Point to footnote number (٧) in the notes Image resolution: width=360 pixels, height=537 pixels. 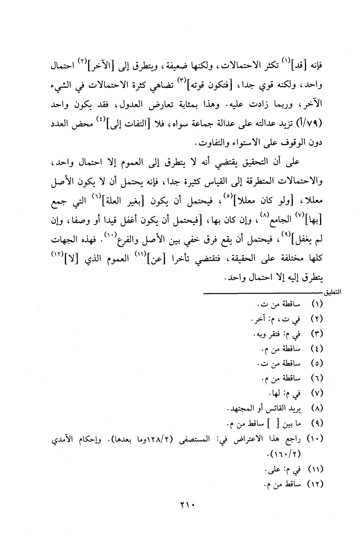tap(317, 393)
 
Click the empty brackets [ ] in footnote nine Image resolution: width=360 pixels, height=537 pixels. tap(274, 424)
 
